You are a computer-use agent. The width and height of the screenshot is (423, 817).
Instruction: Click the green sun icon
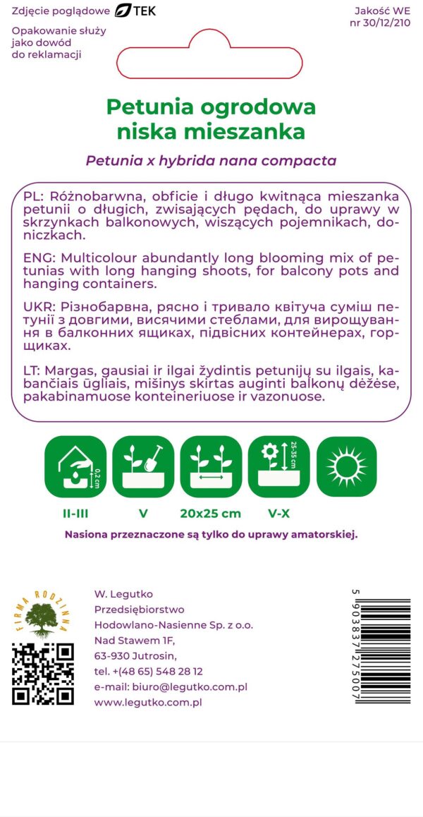(x=347, y=467)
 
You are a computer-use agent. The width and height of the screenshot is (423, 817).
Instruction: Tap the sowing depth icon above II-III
(x=75, y=467)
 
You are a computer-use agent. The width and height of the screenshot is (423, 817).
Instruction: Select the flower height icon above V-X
(x=278, y=467)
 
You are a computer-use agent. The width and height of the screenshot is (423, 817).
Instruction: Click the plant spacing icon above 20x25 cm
(x=211, y=467)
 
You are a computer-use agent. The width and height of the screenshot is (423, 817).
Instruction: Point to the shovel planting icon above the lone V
(x=143, y=467)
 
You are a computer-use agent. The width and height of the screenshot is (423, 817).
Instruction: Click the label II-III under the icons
(x=75, y=513)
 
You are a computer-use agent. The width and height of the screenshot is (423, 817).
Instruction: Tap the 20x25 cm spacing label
(x=211, y=513)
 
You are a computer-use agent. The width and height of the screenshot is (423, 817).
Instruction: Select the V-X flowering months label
(x=278, y=513)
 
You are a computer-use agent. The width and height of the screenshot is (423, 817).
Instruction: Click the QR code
(x=43, y=674)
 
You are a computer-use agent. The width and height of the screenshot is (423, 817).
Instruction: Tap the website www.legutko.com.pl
(x=148, y=702)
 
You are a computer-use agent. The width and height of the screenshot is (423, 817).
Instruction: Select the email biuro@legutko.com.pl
(x=171, y=686)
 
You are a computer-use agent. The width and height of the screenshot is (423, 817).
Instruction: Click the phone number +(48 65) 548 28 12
(x=148, y=671)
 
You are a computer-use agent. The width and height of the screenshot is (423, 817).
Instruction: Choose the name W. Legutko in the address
(x=123, y=594)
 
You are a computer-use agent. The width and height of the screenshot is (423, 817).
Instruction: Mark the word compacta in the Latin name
(x=302, y=161)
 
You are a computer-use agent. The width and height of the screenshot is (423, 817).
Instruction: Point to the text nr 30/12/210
(x=379, y=23)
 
